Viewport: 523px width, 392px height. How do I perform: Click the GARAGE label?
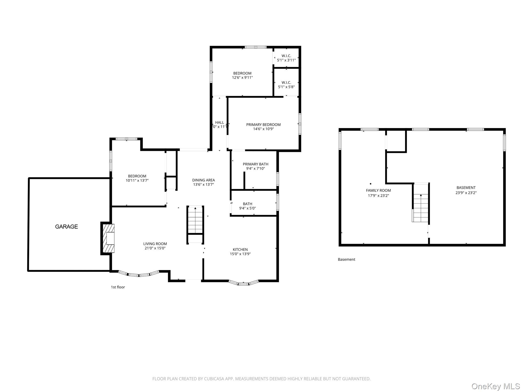66,227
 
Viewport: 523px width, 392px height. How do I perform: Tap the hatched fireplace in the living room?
108,238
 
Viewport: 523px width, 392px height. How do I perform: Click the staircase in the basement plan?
421,208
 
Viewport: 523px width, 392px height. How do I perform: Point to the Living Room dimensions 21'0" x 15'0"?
155,248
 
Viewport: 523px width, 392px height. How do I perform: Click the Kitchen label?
240,250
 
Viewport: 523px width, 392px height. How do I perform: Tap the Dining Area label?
204,180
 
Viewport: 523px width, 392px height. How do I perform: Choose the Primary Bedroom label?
263,125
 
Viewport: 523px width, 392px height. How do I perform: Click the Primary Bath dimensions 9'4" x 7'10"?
255,168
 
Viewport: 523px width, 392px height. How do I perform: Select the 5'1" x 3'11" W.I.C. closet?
286,58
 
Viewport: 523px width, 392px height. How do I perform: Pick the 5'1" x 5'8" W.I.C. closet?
286,85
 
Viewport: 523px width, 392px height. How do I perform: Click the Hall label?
219,122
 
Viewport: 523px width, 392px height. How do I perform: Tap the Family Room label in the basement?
378,190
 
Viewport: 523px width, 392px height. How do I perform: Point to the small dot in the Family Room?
371,184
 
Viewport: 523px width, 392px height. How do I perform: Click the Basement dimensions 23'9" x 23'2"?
466,193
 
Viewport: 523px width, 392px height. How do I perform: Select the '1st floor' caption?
118,287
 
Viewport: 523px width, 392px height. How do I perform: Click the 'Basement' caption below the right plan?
346,260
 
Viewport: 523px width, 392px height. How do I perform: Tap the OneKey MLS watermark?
495,386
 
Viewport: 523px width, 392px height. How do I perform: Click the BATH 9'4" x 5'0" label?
247,206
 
